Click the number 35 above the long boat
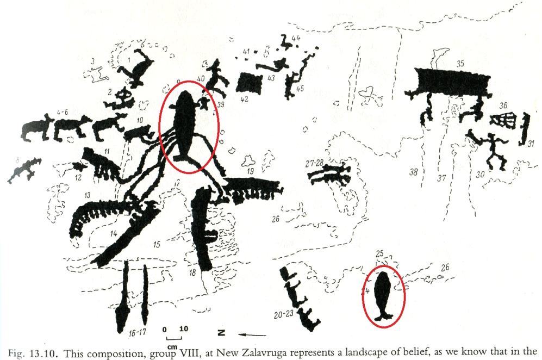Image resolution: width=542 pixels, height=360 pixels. coord(460,64)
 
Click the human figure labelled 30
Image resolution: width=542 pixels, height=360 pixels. coord(491,148)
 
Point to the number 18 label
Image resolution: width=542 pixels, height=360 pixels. coord(192,272)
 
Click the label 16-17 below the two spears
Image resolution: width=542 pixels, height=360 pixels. coord(136,333)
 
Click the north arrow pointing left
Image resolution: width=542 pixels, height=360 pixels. coord(253,334)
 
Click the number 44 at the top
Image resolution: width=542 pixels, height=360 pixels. coord(296,39)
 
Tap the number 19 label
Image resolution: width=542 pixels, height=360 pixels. coord(251,171)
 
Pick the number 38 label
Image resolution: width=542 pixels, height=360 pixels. coord(414,172)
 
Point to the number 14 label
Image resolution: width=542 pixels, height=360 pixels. coord(114,233)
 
